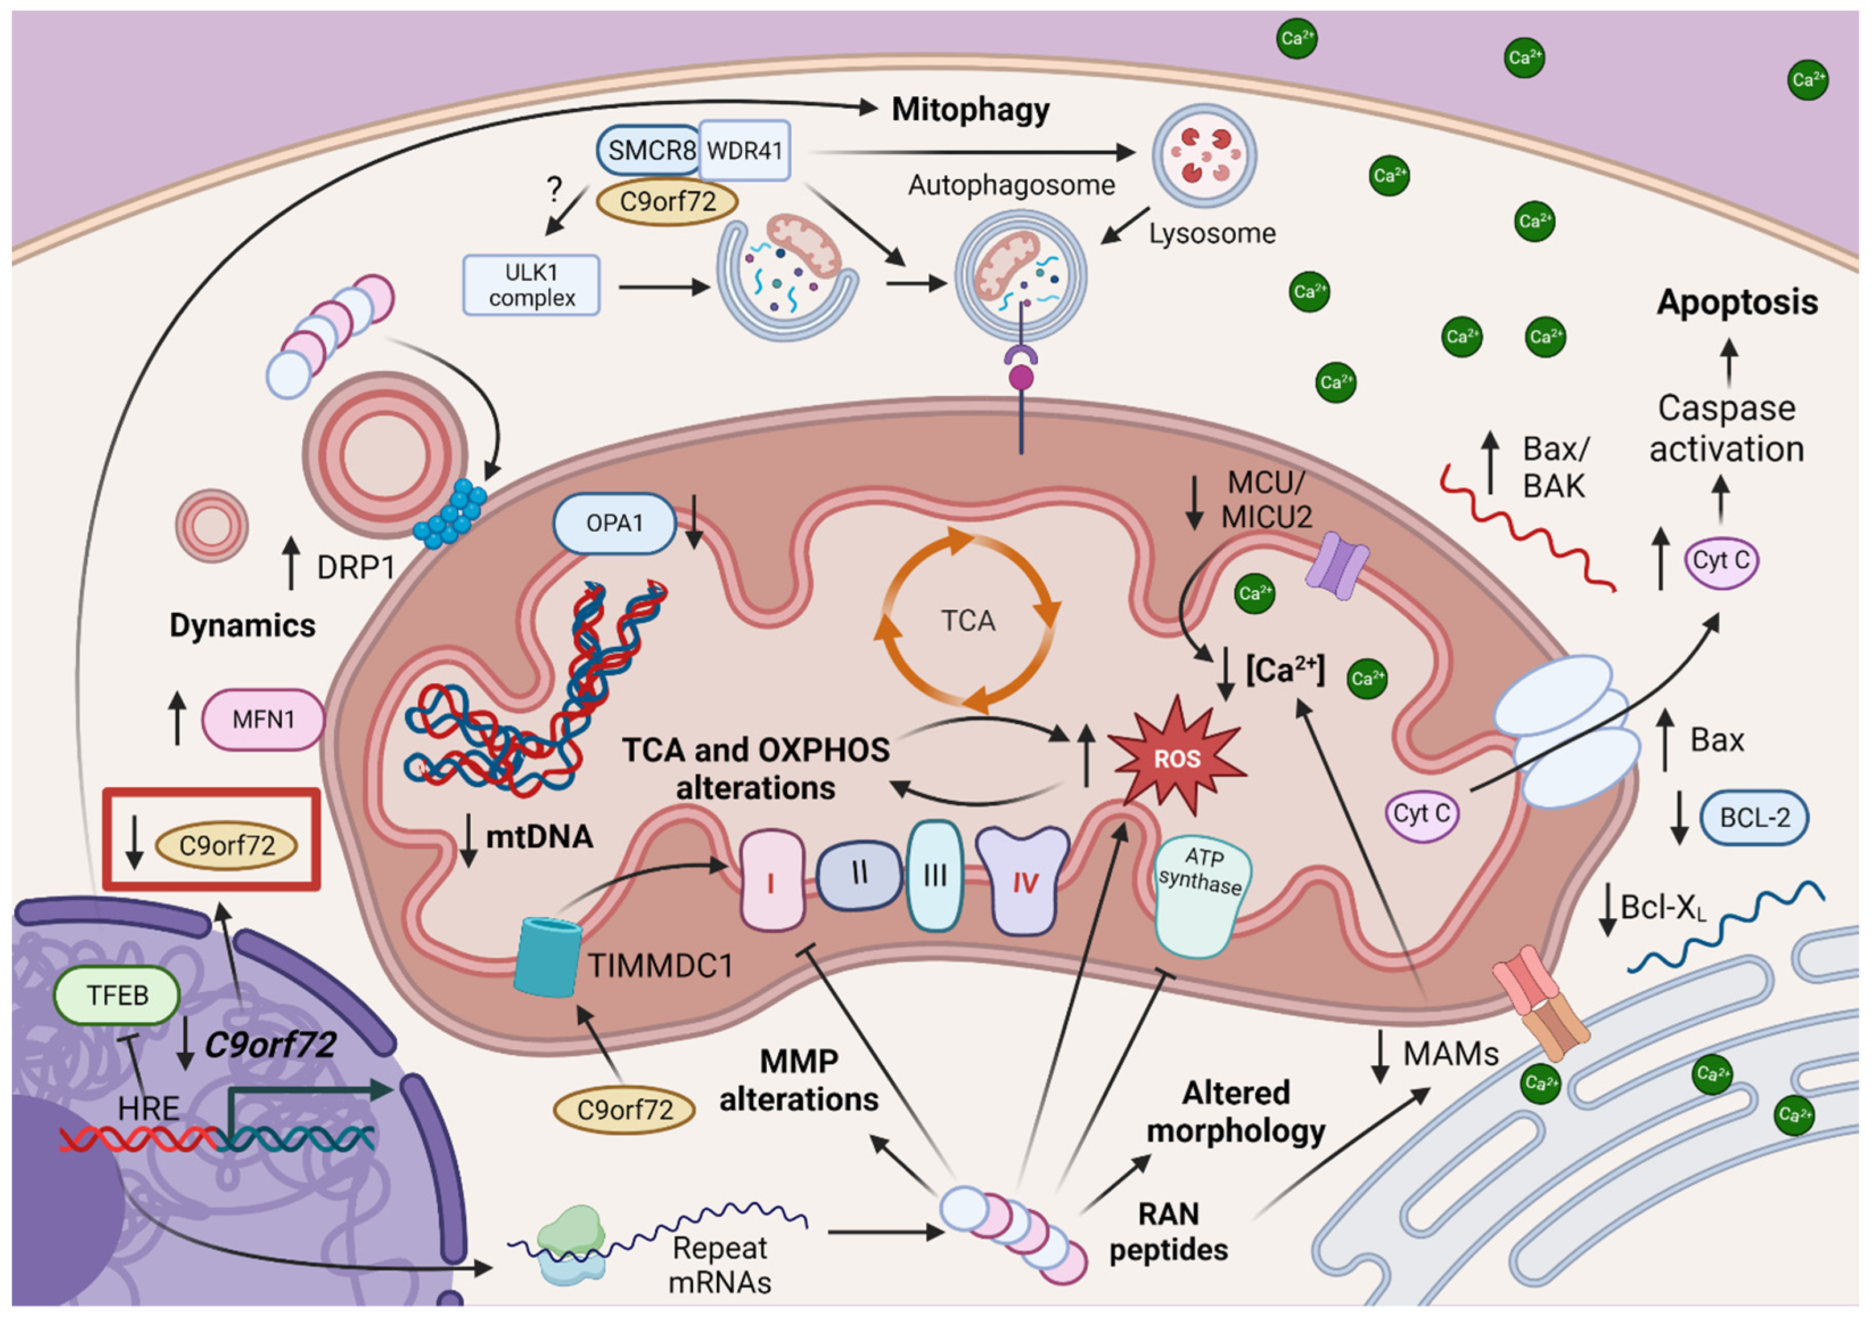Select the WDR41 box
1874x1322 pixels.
tap(745, 150)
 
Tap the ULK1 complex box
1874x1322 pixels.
tap(531, 285)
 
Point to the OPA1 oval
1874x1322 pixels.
tap(615, 523)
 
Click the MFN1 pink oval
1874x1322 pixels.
tap(263, 720)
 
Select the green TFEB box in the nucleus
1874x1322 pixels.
tap(117, 995)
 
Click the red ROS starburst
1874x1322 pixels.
tap(1176, 758)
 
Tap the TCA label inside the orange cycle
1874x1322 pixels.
tap(968, 621)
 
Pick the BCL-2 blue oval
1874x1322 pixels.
tap(1754, 818)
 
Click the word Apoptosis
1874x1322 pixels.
tap(1736, 303)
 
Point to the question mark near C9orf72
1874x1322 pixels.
tap(555, 190)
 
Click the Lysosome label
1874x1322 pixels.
tap(1211, 233)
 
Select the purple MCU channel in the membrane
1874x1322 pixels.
tap(1336, 565)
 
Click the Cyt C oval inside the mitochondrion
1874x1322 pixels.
tap(1421, 813)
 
